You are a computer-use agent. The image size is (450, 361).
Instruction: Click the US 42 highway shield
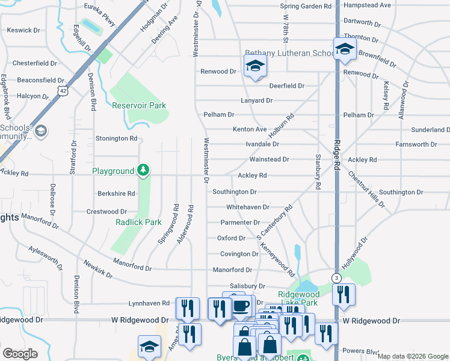(63, 89)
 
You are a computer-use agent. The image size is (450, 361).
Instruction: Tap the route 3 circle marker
(336, 277)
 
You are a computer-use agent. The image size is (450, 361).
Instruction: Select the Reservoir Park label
(139, 105)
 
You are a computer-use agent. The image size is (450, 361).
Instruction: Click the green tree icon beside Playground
(143, 171)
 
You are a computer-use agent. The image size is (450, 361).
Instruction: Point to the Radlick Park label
(139, 221)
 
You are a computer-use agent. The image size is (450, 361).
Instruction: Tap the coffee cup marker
(241, 306)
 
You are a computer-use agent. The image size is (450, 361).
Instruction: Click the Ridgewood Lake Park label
(306, 294)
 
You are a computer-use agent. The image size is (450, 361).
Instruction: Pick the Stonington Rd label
(117, 138)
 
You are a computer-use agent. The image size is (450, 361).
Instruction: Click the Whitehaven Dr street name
(247, 207)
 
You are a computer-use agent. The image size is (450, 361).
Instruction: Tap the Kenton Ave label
(250, 129)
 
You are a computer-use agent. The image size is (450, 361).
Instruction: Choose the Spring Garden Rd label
(306, 6)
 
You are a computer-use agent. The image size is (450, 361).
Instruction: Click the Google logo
(19, 353)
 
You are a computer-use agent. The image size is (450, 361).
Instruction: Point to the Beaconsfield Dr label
(40, 80)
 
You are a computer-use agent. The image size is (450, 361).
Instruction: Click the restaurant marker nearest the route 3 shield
(344, 294)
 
